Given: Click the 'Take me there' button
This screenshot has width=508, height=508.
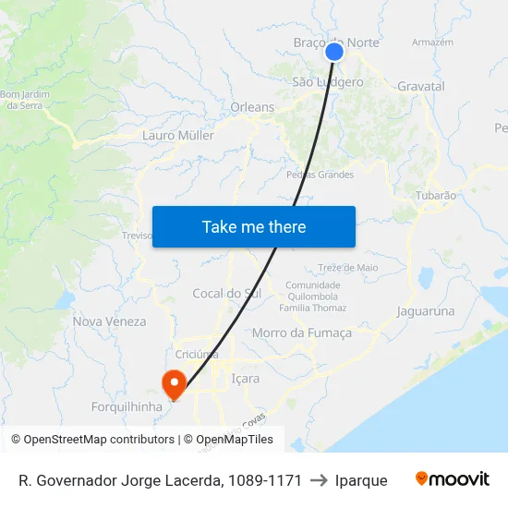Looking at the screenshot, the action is (x=254, y=226).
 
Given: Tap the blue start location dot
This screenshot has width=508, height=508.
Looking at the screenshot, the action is (x=334, y=52).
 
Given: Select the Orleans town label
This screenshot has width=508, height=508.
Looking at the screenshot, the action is (x=252, y=107).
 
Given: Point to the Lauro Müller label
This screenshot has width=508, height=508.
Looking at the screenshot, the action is (x=178, y=135).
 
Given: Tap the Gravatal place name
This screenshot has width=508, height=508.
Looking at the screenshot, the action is (x=421, y=86).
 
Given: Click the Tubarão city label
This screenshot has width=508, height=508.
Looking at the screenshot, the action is (x=436, y=195).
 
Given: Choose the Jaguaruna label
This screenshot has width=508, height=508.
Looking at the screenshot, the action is (x=426, y=311).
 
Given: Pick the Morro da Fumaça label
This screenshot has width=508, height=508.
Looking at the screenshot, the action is (x=302, y=333).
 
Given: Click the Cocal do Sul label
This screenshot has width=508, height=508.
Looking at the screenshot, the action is (x=226, y=294).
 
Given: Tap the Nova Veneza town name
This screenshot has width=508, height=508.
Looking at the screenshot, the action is (x=110, y=321).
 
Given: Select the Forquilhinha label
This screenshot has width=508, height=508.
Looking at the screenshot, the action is (x=127, y=406).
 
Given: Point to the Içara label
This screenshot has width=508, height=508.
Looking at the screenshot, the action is (x=245, y=378).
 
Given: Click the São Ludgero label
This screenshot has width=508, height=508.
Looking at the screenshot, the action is (x=327, y=82).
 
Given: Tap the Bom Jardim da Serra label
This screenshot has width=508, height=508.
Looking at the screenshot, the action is (x=26, y=100).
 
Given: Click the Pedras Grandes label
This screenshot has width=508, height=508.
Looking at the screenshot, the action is (x=321, y=175).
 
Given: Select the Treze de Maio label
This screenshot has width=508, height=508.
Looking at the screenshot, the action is (x=348, y=267).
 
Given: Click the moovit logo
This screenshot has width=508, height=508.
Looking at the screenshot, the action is (x=453, y=479).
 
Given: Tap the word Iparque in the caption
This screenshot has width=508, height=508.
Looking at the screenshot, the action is (x=361, y=480).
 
